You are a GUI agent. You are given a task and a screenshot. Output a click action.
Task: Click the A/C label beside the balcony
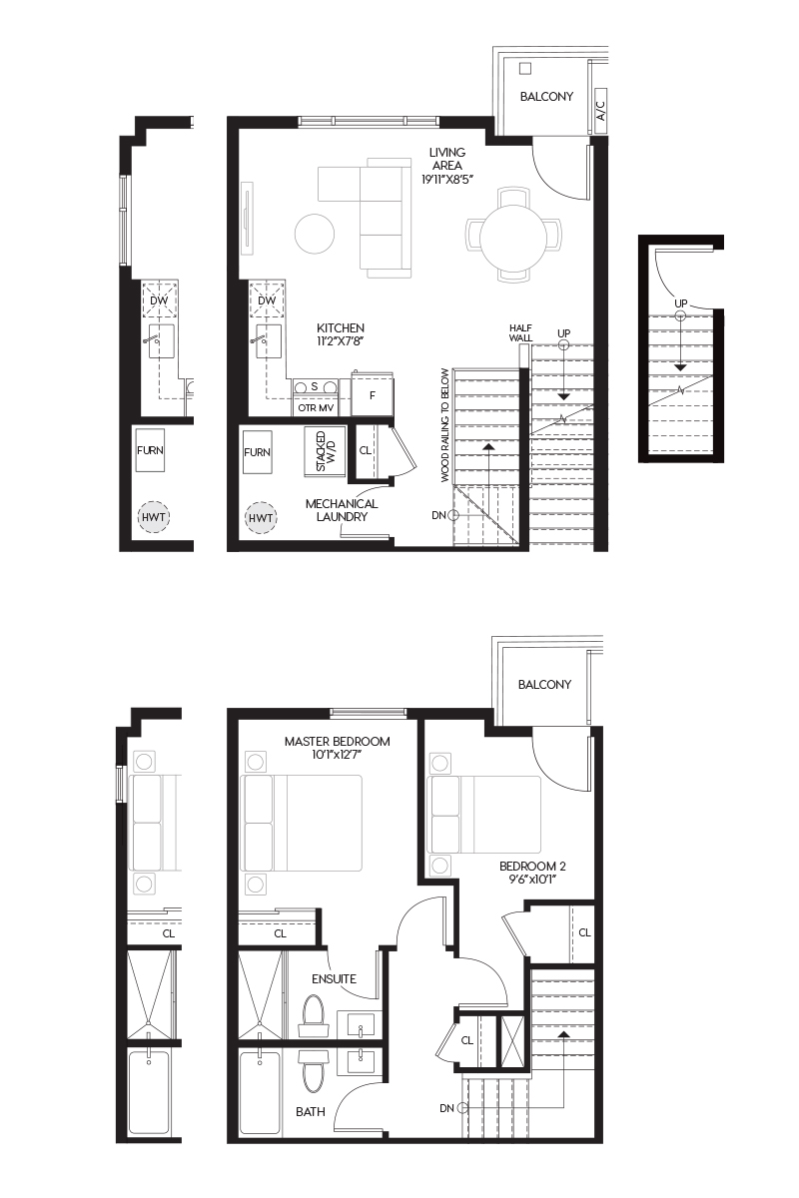click(x=601, y=111)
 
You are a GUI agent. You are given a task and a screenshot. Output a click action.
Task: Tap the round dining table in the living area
click(x=513, y=236)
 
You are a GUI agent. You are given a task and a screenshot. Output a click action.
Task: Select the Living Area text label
click(x=447, y=159)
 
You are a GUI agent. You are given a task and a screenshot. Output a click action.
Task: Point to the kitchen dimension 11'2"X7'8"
click(x=341, y=341)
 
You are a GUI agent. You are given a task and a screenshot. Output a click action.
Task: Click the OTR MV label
click(x=316, y=408)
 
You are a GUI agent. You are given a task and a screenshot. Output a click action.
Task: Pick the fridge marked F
click(x=373, y=394)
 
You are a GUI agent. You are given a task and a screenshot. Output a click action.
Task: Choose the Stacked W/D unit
click(x=325, y=452)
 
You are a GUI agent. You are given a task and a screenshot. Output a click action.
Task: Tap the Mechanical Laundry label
click(x=342, y=510)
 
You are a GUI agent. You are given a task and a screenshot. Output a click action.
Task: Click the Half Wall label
click(x=520, y=332)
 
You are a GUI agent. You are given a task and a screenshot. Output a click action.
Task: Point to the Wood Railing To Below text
click(x=445, y=425)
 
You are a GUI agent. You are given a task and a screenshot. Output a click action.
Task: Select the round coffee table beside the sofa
click(x=315, y=234)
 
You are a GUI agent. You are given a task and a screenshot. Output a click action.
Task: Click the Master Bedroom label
click(x=338, y=741)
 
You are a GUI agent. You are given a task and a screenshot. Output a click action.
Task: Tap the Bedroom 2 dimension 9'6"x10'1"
click(x=532, y=880)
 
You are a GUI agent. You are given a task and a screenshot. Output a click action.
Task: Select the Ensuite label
click(x=334, y=978)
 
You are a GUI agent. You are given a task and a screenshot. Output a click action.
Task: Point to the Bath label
click(x=311, y=1112)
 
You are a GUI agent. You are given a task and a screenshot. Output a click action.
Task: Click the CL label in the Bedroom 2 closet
click(x=584, y=932)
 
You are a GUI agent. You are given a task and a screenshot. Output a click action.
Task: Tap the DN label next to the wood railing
click(x=438, y=515)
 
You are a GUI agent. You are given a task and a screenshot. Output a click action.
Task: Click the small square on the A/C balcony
click(x=525, y=69)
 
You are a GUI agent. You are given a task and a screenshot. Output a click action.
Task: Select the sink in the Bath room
click(x=360, y=1062)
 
